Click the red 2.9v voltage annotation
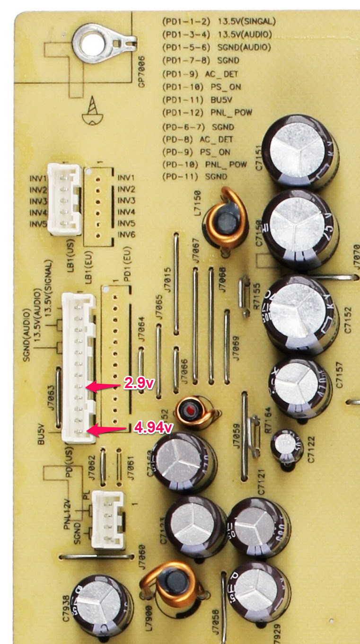click(x=139, y=383)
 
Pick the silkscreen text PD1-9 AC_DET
click(x=200, y=74)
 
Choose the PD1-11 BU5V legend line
click(x=200, y=100)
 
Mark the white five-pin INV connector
click(x=64, y=199)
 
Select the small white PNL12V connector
click(x=107, y=519)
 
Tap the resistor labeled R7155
click(x=244, y=297)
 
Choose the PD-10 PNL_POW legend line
click(x=204, y=164)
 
